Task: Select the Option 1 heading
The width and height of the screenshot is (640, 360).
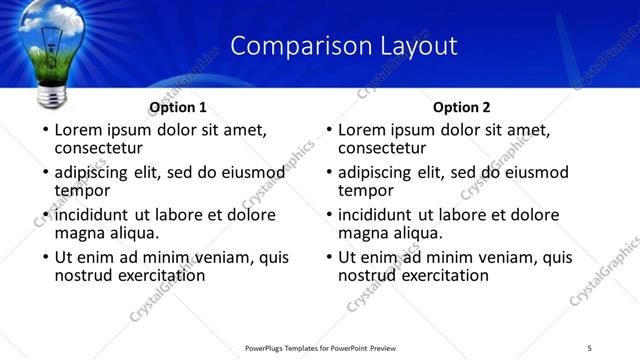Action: [x=178, y=107]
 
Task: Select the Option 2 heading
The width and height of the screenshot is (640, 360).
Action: [x=462, y=107]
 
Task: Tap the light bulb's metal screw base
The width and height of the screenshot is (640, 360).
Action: [x=52, y=96]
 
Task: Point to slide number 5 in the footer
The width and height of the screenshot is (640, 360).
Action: [x=589, y=347]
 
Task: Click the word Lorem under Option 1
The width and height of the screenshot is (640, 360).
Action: [x=79, y=129]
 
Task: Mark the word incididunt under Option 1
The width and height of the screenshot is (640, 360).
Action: [x=92, y=215]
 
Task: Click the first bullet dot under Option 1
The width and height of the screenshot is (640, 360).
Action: [x=44, y=130]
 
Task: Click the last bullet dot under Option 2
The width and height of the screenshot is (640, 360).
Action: [x=328, y=258]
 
